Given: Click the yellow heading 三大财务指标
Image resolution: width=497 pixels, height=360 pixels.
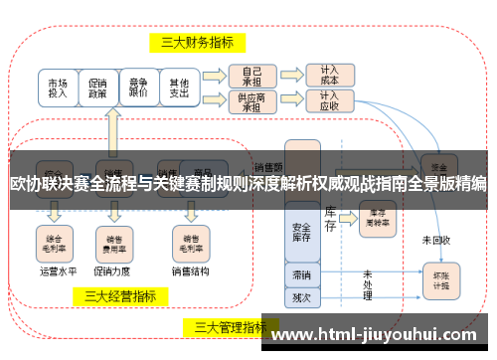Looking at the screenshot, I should [x=198, y=42].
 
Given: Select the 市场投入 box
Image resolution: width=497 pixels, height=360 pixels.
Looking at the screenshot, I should [x=59, y=89].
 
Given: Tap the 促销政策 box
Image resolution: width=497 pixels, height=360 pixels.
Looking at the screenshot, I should [x=98, y=89].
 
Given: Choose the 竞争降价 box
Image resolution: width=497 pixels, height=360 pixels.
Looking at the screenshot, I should [x=138, y=89].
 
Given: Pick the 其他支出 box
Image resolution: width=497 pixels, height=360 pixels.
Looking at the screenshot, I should [x=179, y=89].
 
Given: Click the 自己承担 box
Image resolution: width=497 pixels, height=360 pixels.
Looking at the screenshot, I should [x=252, y=76].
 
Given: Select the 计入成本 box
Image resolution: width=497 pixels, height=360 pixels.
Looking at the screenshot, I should [x=329, y=76].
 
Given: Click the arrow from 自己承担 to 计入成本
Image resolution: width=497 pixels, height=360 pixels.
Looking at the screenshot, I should [x=290, y=76].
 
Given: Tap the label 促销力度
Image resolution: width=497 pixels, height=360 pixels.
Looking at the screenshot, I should [x=109, y=269].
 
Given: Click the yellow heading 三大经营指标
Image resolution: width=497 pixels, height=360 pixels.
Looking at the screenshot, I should [x=119, y=295].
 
